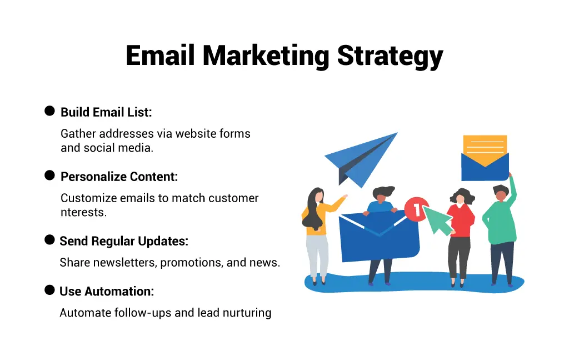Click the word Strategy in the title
pyautogui.click(x=390, y=57)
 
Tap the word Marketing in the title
pyautogui.click(x=266, y=57)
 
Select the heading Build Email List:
pyautogui.click(x=106, y=112)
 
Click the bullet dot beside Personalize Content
pyautogui.click(x=49, y=176)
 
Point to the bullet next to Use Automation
pyautogui.click(x=49, y=290)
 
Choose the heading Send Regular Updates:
pyautogui.click(x=124, y=241)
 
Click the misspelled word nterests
pyautogui.click(x=83, y=212)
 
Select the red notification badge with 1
pyautogui.click(x=416, y=209)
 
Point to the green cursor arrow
pyautogui.click(x=438, y=219)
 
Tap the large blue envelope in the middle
pyautogui.click(x=379, y=236)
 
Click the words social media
pyautogui.click(x=118, y=148)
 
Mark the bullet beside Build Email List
pyautogui.click(x=49, y=111)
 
